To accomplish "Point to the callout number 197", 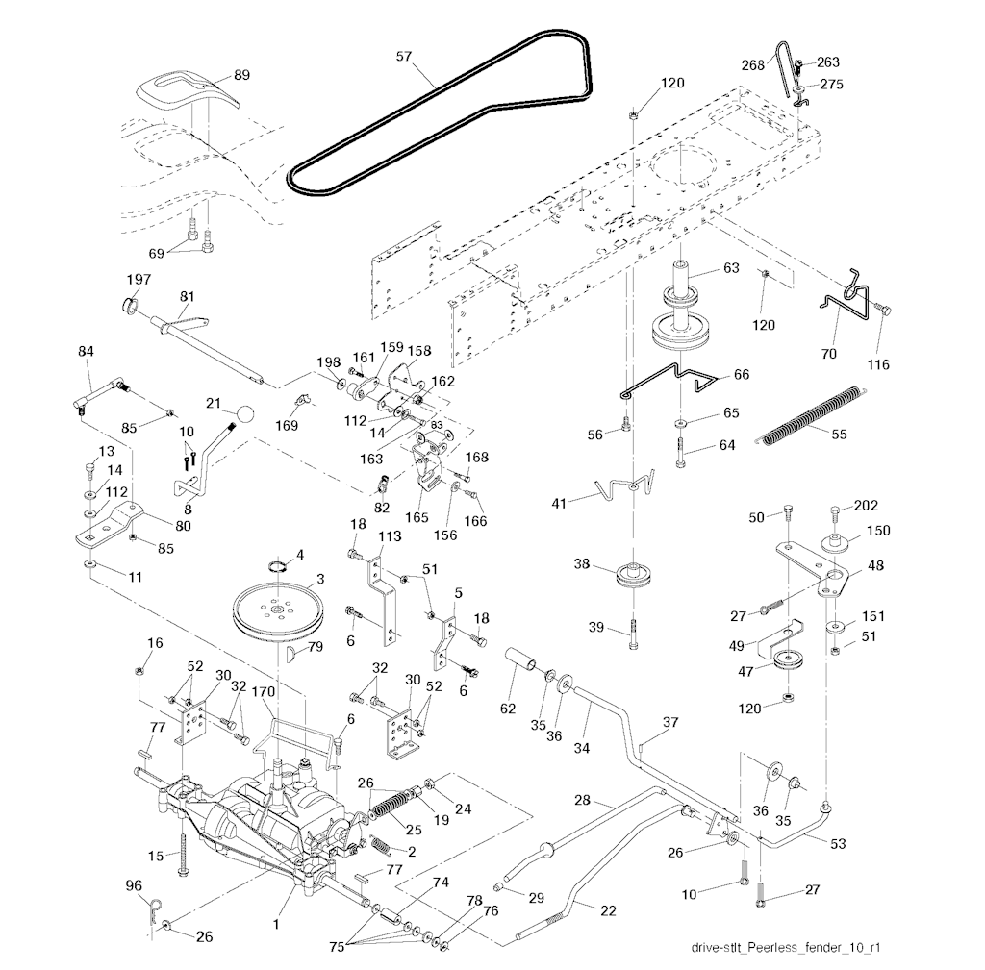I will click(x=139, y=279).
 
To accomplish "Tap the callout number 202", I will click(x=866, y=506).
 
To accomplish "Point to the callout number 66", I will click(x=741, y=374).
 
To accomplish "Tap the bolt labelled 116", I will click(x=886, y=310).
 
